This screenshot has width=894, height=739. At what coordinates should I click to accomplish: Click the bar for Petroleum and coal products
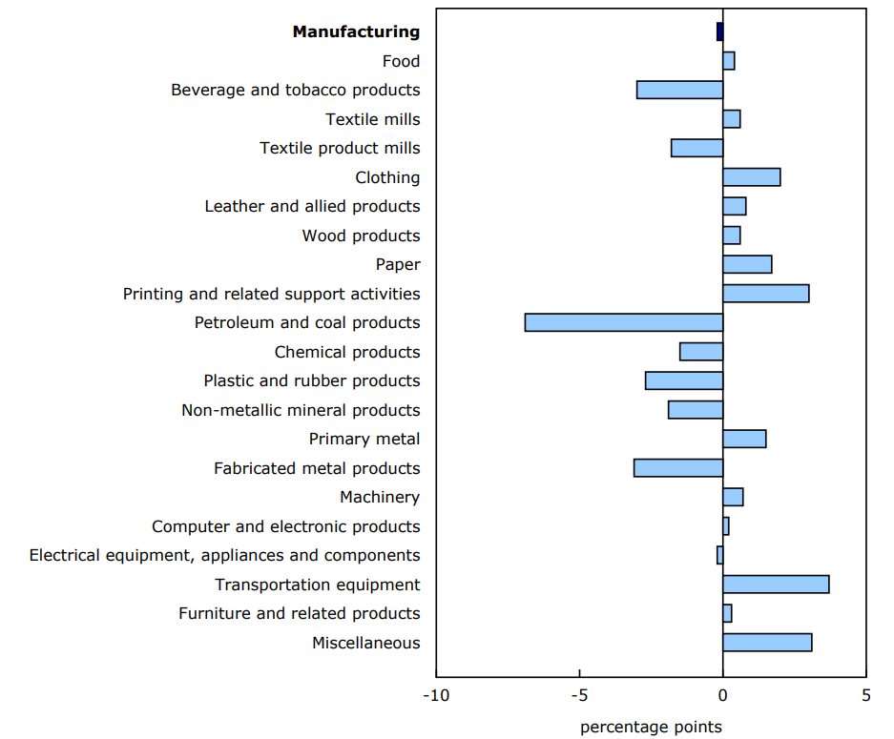click(x=624, y=322)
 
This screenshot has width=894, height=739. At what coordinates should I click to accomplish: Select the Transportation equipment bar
click(x=776, y=585)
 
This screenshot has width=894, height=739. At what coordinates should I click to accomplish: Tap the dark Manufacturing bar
click(x=719, y=31)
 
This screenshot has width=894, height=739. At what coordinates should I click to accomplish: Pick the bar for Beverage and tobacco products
click(x=679, y=90)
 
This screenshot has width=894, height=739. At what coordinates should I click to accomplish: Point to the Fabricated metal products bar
click(x=678, y=468)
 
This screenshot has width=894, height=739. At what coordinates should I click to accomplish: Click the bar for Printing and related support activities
click(x=765, y=294)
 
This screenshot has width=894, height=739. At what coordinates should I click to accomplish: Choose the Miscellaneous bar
click(x=767, y=643)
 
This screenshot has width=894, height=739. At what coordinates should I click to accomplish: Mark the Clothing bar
click(x=751, y=177)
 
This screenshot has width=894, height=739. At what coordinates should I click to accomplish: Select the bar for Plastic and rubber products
click(x=684, y=380)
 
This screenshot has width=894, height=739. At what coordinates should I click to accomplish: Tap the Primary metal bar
click(x=744, y=439)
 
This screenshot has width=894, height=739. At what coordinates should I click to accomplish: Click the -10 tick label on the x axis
click(x=436, y=695)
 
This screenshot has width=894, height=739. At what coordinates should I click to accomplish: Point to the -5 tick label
click(x=579, y=695)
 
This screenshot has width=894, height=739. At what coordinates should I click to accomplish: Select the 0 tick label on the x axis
click(x=722, y=695)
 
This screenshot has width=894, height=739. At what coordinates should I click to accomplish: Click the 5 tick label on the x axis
click(x=865, y=695)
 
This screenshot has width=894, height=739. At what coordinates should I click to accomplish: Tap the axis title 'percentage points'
click(x=651, y=728)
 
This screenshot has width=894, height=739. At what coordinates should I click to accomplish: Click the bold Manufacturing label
click(x=356, y=31)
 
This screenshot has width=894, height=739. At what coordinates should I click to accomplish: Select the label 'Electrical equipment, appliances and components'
click(x=224, y=555)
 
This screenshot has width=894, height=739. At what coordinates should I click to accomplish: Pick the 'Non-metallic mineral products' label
click(x=301, y=410)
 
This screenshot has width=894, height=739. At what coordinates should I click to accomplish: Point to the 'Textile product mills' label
click(x=340, y=148)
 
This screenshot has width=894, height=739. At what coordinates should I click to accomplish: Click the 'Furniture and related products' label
click(x=299, y=613)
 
